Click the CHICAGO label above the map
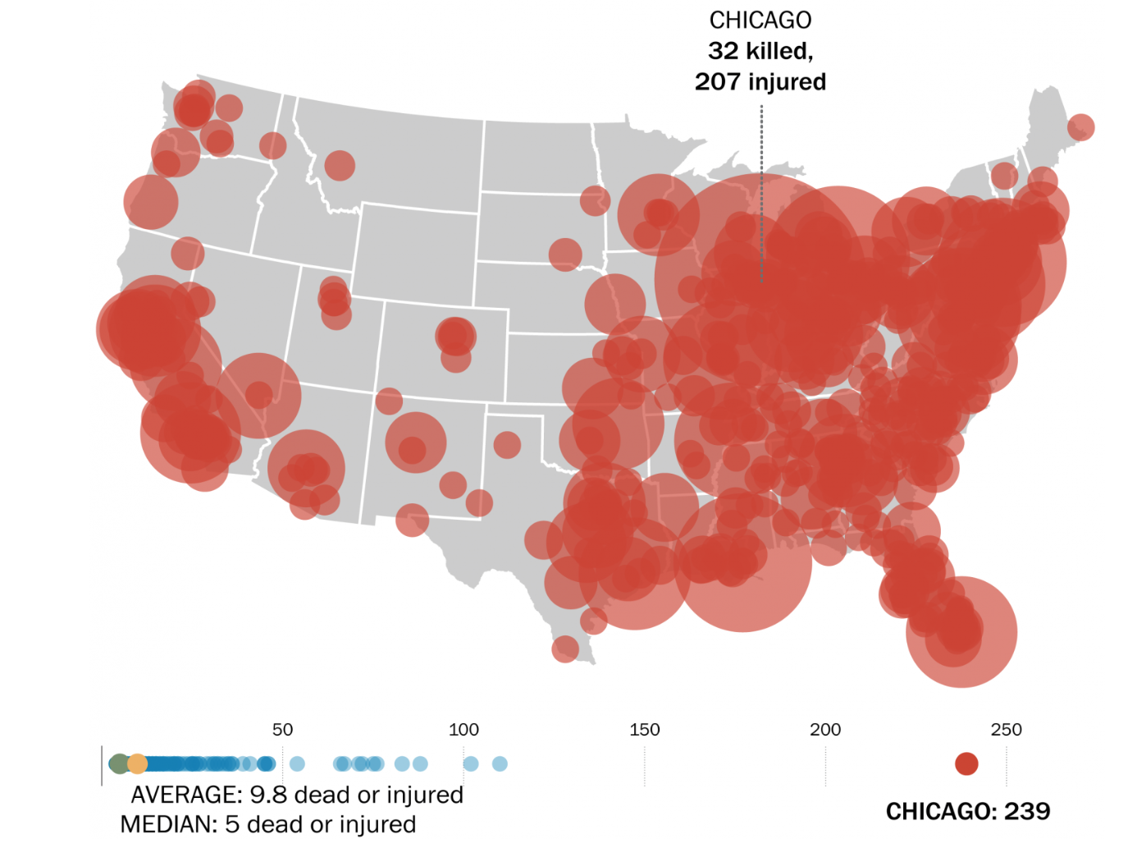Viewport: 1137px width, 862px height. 760,21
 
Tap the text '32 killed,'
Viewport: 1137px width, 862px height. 760,51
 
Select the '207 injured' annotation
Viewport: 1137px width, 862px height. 760,82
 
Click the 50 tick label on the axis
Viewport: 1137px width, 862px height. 282,729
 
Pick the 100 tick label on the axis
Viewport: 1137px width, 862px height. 463,729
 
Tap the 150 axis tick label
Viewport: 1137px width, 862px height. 644,729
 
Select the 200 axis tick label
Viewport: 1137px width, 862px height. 825,729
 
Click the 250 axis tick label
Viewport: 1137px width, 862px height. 1006,729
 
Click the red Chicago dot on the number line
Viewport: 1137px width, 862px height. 966,763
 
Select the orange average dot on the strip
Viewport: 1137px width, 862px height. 138,763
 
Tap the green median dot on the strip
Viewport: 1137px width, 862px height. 120,763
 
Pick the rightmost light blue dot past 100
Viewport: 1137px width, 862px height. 500,763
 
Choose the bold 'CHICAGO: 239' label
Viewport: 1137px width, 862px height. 967,811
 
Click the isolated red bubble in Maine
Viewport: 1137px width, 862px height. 1080,126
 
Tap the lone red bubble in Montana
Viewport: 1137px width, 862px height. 340,165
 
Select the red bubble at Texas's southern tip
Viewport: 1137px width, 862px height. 565,649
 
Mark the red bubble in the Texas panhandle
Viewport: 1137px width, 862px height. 507,445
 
